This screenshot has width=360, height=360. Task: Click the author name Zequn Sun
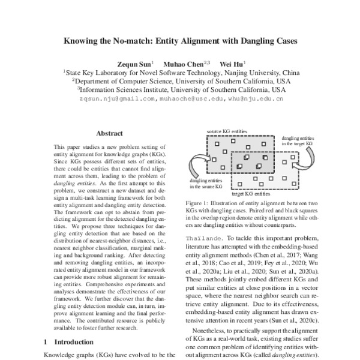(x=136, y=62)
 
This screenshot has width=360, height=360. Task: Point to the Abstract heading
(x=110, y=136)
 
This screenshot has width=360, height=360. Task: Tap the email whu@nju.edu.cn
(x=257, y=99)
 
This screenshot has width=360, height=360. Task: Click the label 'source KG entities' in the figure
(x=227, y=130)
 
